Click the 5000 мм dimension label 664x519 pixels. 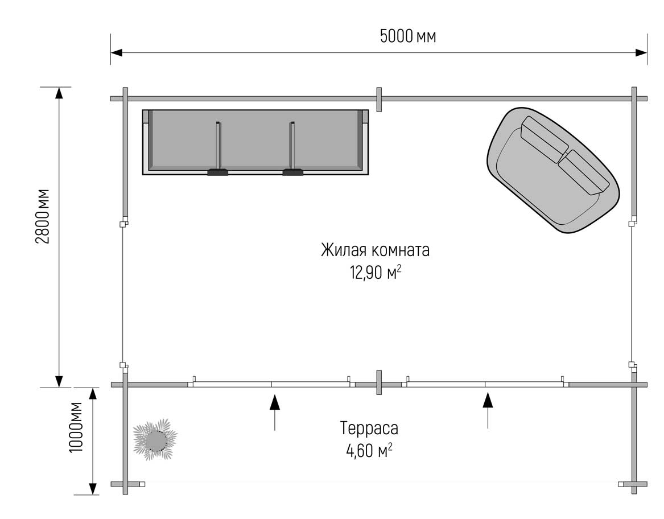(408, 36)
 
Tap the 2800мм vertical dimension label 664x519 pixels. (43, 216)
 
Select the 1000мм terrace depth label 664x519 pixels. (77, 427)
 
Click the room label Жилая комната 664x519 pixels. (375, 250)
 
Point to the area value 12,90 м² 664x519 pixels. (375, 273)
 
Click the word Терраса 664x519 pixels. (369, 429)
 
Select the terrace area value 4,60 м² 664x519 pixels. (369, 450)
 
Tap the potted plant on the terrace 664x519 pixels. (155, 440)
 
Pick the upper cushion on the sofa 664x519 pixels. (545, 139)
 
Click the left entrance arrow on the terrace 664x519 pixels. (275, 412)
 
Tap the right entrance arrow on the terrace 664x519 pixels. (488, 410)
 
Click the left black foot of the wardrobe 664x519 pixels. (218, 172)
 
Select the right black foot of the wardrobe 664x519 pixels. (293, 172)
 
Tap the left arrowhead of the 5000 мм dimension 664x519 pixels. (117, 52)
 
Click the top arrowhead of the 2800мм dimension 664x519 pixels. (59, 93)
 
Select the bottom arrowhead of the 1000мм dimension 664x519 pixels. (92, 489)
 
